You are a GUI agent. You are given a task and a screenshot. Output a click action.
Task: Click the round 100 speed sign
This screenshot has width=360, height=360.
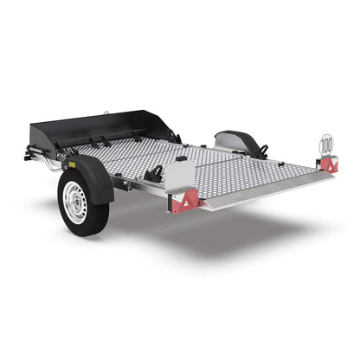325,145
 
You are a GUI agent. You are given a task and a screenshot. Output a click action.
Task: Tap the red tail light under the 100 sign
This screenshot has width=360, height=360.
327,165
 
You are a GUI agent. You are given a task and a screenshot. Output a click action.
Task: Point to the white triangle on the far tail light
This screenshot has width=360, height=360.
330,164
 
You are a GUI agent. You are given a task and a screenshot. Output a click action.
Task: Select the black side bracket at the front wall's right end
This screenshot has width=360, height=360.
173,135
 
